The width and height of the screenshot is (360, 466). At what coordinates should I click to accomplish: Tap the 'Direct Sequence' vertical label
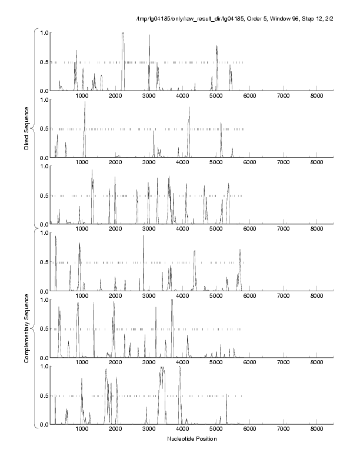point(27,129)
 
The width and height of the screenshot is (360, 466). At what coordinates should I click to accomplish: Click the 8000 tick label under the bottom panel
point(316,430)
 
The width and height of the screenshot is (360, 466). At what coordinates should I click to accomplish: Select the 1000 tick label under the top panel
point(82,96)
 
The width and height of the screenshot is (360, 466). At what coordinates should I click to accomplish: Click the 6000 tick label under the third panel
point(249,229)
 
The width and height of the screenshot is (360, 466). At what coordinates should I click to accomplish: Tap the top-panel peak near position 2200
point(123,34)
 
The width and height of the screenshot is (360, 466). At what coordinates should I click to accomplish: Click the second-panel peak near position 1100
point(85,102)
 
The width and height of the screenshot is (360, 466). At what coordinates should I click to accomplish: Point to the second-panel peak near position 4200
point(189,108)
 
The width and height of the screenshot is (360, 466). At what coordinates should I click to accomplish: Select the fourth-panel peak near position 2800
point(143,236)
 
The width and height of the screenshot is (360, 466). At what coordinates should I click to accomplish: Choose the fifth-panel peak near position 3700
point(172,300)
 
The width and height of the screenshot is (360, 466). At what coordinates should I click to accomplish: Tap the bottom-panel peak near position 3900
point(179,368)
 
